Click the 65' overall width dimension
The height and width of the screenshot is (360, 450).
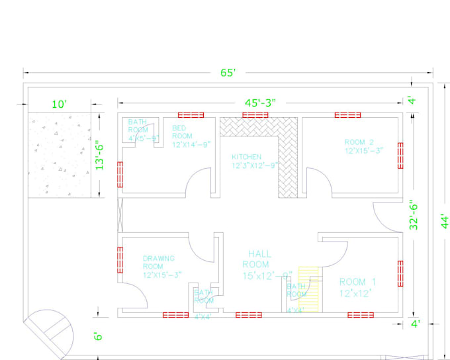pos(228,73)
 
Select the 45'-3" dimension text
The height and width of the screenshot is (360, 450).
pos(260,103)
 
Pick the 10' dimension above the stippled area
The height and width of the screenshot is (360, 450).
pos(60,105)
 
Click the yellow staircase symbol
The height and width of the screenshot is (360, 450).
pos(308,289)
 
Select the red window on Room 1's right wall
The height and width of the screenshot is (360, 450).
pos(400,273)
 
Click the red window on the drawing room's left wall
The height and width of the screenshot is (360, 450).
pos(120,259)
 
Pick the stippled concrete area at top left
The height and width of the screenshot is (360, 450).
pos(60,155)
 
